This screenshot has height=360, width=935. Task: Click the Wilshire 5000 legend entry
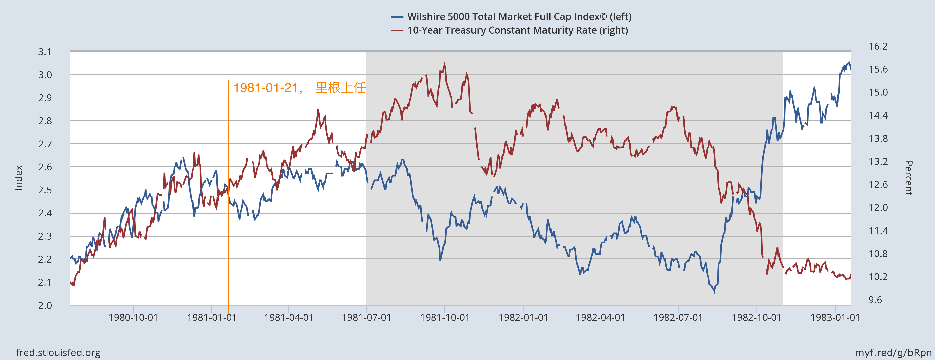tap(519, 17)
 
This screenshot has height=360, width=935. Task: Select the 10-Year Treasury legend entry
tap(517, 30)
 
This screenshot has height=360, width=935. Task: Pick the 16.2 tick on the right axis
tap(878, 46)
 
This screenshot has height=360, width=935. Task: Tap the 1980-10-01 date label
tap(133, 318)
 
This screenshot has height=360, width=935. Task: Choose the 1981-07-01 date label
tap(366, 318)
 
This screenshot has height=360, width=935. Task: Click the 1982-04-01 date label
tap(600, 318)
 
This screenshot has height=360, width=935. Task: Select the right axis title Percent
tap(909, 178)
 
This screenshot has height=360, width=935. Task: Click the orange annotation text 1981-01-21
tap(266, 88)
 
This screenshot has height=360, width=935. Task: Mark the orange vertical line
tap(228, 218)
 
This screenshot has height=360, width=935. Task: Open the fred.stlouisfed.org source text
tap(58, 352)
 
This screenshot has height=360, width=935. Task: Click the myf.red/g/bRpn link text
tap(893, 352)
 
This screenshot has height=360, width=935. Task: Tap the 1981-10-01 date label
tap(445, 318)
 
